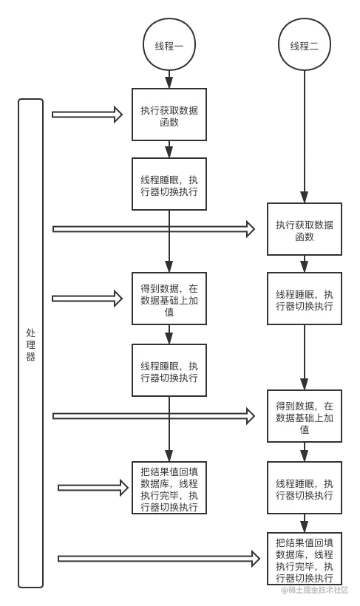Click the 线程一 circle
pyautogui.click(x=169, y=46)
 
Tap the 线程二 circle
pyautogui.click(x=304, y=46)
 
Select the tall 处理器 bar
pyautogui.click(x=30, y=344)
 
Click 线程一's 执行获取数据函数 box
pyautogui.click(x=169, y=115)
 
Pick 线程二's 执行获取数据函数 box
pyautogui.click(x=304, y=231)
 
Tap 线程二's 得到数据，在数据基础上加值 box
pyautogui.click(x=304, y=417)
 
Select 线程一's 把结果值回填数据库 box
pyautogui.click(x=169, y=488)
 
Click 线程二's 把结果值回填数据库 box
pyautogui.click(x=304, y=559)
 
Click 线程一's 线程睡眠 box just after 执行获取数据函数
pyautogui.click(x=169, y=185)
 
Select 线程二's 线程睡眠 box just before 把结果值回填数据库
pyautogui.click(x=304, y=488)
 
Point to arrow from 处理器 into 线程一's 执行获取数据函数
pyautogui.click(x=85, y=115)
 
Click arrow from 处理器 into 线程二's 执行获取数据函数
pyautogui.click(x=152, y=230)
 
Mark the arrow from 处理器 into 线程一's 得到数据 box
pyautogui.click(x=85, y=299)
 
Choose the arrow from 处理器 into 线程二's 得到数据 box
pyautogui.click(x=152, y=416)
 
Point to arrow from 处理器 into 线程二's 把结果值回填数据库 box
pyautogui.click(x=159, y=559)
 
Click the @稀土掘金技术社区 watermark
pyautogui.click(x=313, y=589)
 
